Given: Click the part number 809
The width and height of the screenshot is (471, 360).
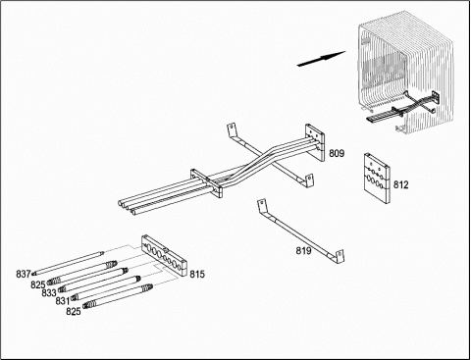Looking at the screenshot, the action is (337, 153).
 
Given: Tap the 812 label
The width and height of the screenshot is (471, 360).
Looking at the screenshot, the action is (400, 185).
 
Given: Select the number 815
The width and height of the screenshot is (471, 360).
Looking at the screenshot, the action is (197, 274).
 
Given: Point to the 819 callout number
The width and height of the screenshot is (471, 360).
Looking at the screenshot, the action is (304, 251).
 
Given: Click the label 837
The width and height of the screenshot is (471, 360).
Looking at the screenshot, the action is (24, 274).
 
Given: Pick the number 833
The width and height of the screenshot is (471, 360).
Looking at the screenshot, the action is (49, 292).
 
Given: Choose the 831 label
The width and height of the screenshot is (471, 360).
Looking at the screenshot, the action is (63, 301).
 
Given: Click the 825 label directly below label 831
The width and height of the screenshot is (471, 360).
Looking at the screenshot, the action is (74, 311).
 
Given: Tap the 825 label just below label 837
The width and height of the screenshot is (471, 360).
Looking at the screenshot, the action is (38, 284).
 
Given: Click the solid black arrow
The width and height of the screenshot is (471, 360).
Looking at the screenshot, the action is (321, 59).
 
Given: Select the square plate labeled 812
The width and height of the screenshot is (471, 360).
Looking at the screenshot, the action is (377, 179).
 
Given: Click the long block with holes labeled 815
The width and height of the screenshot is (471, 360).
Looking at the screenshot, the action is (164, 256).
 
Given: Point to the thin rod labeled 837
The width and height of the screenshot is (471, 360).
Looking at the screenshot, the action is (68, 262).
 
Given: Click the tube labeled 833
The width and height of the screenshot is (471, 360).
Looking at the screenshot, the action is (93, 280).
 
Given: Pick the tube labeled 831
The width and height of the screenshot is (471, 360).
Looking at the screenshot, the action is (106, 287).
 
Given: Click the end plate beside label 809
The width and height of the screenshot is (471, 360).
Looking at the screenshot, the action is (315, 142).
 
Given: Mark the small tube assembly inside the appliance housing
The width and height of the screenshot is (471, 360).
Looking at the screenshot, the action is (402, 107).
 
